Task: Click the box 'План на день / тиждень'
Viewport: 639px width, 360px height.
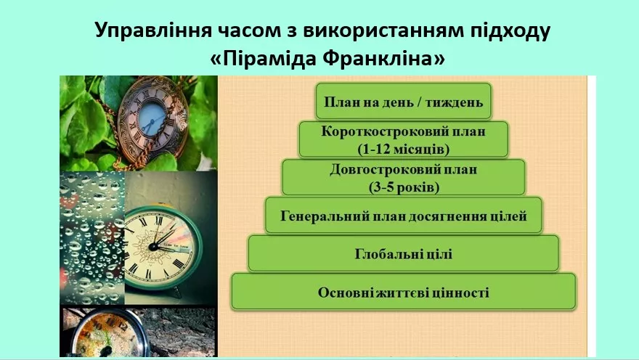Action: point(404,101)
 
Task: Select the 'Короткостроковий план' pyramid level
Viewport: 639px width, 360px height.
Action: point(404,139)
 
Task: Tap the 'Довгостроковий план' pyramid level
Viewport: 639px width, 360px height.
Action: point(404,177)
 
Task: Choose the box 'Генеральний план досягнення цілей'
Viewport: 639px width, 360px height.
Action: point(404,216)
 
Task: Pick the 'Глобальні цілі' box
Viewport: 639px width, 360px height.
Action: point(404,253)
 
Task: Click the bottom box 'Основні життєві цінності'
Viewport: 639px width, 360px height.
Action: point(404,292)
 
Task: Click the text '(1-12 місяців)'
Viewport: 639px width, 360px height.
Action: point(404,149)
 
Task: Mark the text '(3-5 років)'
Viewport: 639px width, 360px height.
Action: point(404,187)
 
